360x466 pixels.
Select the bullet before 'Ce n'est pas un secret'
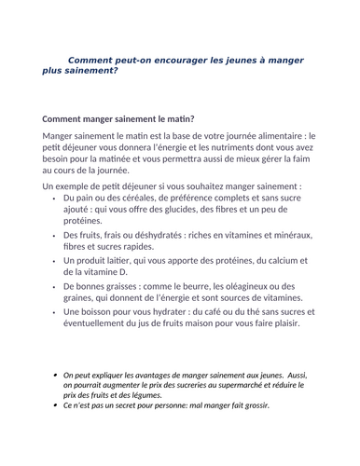(x=55, y=405)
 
